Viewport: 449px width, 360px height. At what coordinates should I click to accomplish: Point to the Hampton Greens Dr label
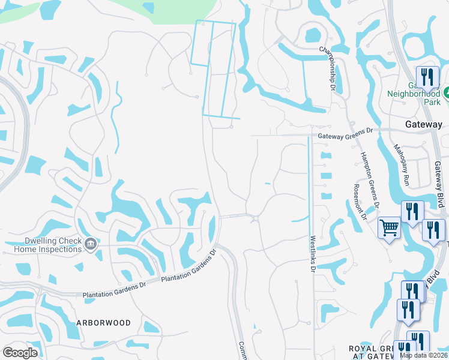pos(369,179)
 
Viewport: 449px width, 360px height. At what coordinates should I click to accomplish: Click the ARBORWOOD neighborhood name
pos(103,323)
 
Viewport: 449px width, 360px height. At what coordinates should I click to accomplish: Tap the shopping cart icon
pos(389,228)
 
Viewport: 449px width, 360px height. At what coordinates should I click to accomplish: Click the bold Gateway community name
pos(423,125)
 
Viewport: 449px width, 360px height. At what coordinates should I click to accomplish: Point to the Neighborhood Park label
pos(414,97)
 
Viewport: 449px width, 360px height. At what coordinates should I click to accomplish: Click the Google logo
pos(20,353)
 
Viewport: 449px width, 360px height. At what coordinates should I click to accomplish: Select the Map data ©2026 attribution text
pos(424,355)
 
